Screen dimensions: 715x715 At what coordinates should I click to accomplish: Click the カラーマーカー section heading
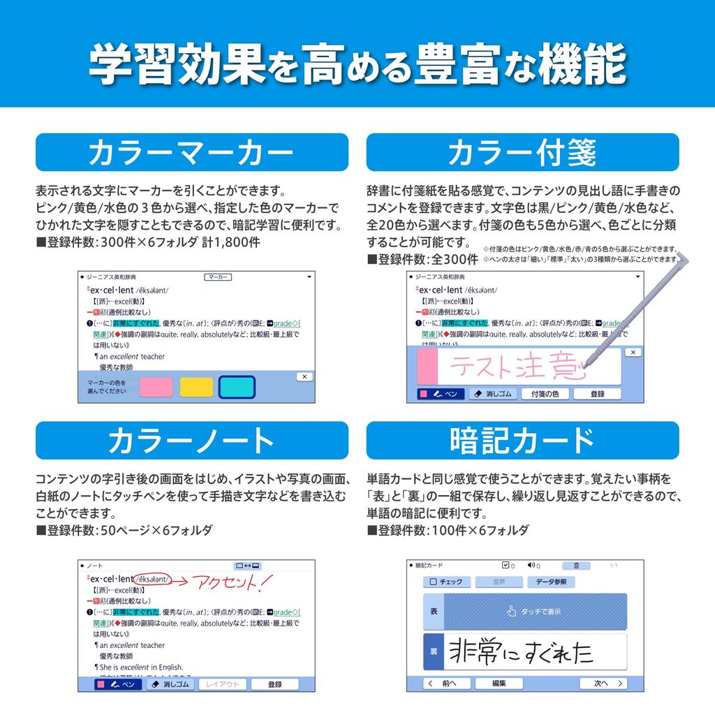click(191, 152)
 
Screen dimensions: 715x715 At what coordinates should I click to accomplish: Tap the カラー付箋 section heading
click(522, 152)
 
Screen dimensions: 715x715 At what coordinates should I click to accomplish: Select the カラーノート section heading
click(191, 441)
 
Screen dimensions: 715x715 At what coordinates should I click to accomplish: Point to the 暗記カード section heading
click(522, 441)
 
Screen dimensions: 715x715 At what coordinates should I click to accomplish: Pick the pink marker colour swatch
click(155, 387)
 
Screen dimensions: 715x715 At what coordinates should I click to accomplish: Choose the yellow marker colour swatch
click(196, 387)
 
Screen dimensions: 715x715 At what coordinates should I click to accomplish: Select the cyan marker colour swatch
click(237, 387)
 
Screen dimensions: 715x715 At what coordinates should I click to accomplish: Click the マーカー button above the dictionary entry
click(218, 277)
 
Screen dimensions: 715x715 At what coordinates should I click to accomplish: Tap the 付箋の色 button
click(545, 394)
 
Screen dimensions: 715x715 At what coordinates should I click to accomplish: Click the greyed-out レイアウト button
click(223, 684)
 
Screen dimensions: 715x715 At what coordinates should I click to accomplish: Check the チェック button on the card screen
click(446, 582)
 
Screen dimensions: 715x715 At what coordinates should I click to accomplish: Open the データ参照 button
click(551, 582)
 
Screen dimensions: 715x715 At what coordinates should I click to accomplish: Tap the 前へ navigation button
click(443, 684)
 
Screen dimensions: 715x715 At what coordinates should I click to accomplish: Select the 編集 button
click(499, 684)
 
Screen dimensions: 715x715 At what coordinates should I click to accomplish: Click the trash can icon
click(576, 566)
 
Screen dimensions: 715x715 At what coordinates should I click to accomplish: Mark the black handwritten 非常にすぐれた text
click(520, 651)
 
